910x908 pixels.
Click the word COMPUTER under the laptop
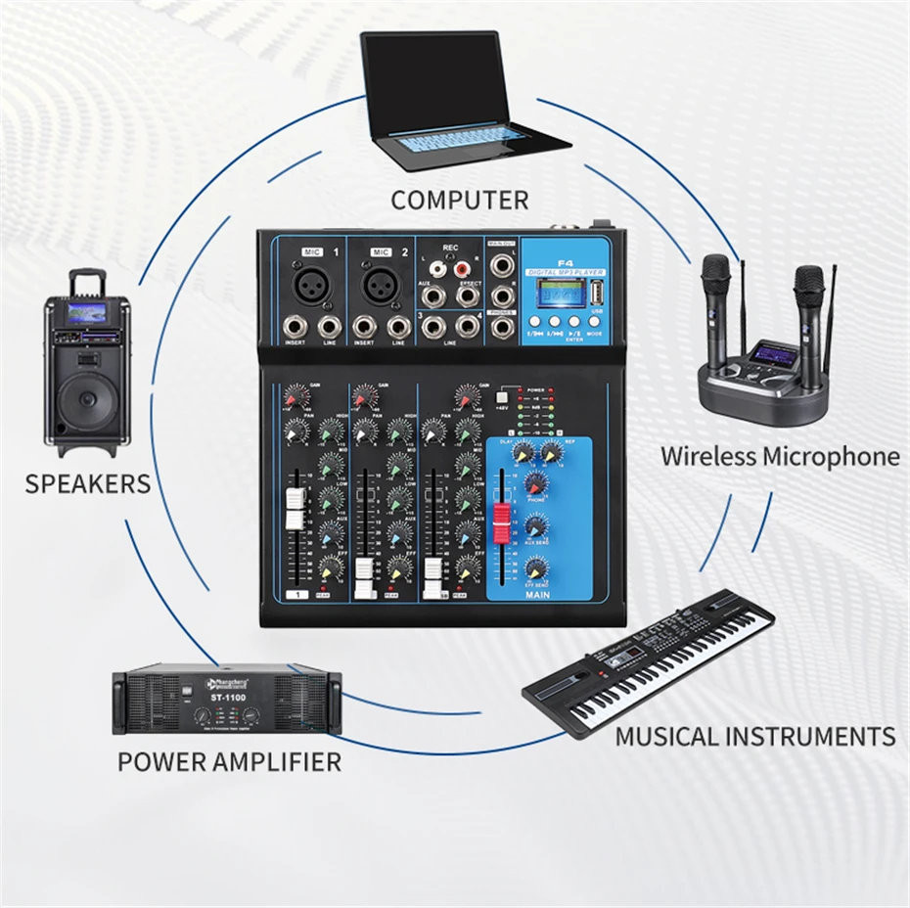click(459, 201)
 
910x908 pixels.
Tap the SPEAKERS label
click(88, 483)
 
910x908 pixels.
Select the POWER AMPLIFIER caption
click(229, 761)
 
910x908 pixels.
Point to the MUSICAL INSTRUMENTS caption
click(754, 737)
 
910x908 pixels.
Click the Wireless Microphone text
click(779, 456)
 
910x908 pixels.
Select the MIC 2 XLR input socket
click(380, 284)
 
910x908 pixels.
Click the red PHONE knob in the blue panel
click(535, 482)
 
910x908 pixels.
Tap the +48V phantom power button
click(504, 396)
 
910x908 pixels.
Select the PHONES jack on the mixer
click(502, 327)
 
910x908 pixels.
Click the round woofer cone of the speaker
click(86, 400)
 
